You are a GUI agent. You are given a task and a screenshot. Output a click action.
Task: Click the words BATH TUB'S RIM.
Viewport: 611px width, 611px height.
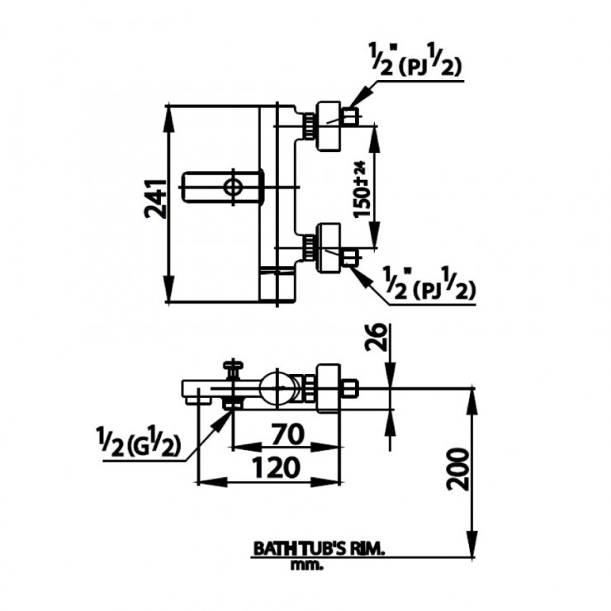(x=320, y=547)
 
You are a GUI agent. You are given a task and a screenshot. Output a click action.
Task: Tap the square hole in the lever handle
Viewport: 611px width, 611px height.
(x=235, y=186)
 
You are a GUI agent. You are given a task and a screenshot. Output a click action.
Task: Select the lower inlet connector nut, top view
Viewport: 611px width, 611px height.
(x=328, y=247)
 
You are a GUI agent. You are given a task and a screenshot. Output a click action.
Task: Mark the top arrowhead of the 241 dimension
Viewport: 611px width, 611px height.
(x=171, y=111)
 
